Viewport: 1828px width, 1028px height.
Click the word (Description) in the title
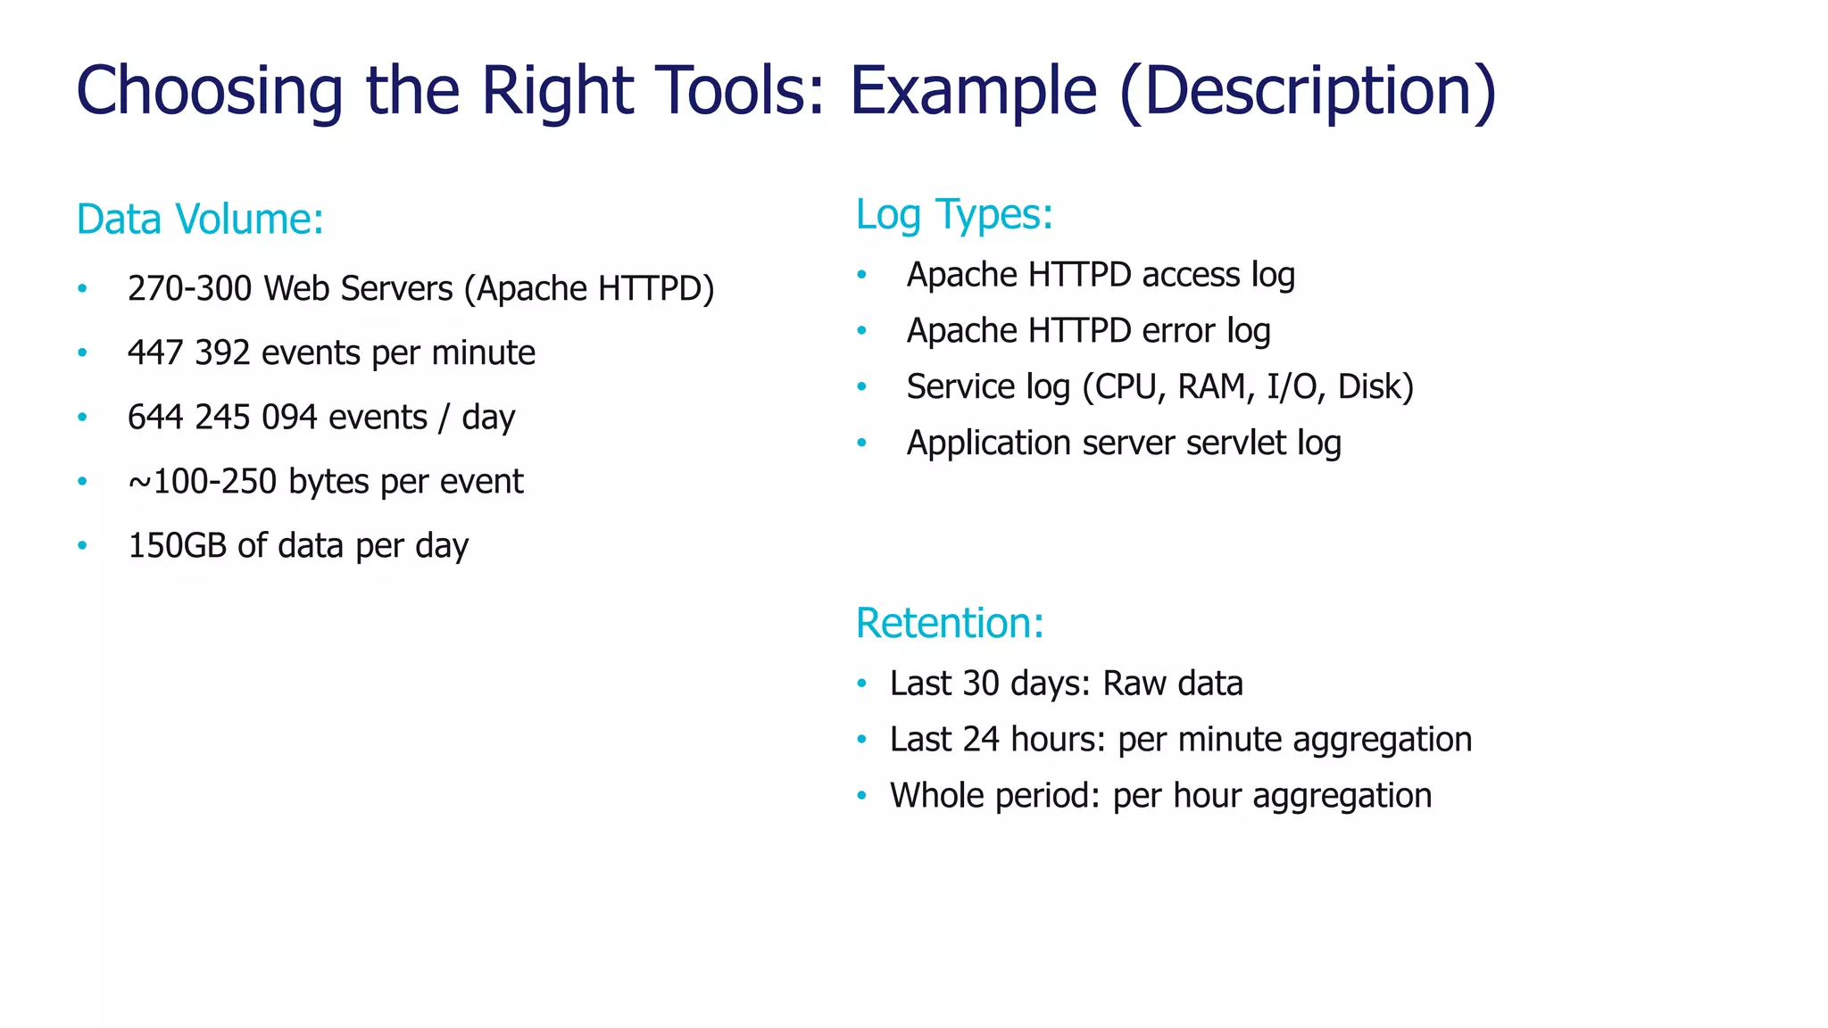[x=1307, y=90]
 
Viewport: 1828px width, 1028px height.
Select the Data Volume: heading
[x=200, y=220]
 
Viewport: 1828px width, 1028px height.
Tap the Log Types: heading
[x=954, y=214]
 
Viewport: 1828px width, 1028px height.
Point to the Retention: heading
[x=950, y=623]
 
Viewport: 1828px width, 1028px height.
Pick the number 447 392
[x=188, y=353]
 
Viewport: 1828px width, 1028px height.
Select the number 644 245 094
[x=222, y=418]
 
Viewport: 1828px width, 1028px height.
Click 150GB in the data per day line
[x=178, y=546]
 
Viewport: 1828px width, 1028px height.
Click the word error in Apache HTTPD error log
[x=1178, y=331]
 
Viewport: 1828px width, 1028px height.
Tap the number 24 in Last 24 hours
[x=981, y=740]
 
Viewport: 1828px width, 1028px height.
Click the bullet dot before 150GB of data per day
[x=82, y=545]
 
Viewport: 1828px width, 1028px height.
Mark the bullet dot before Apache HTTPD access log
[x=861, y=274]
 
